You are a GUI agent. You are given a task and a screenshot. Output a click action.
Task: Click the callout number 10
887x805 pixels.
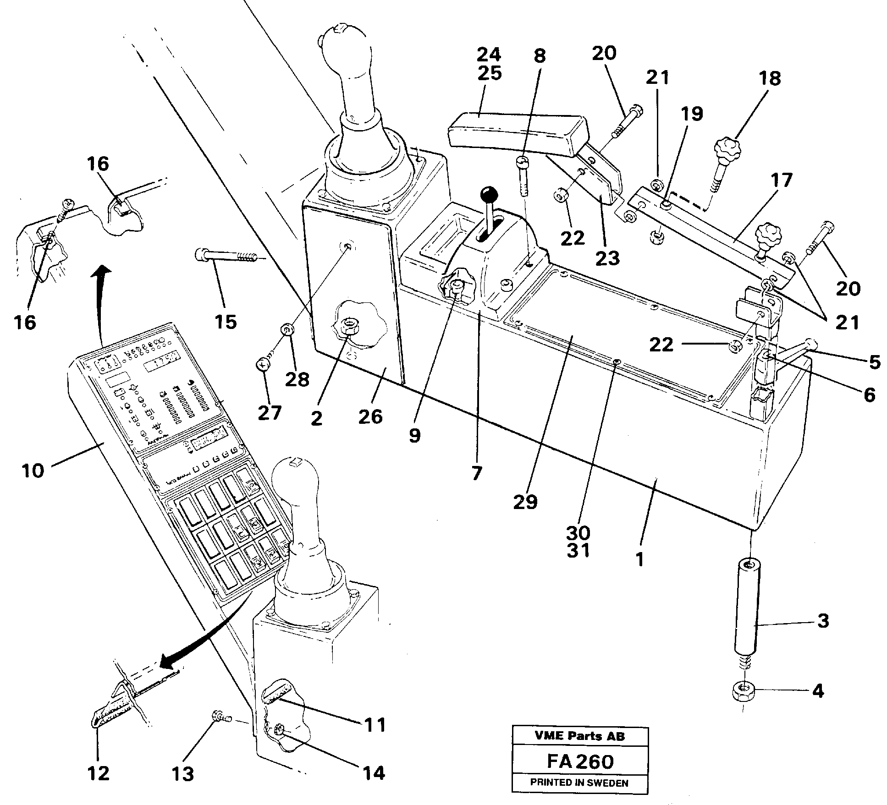coord(33,471)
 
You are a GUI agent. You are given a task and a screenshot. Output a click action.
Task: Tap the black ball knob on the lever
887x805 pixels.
coord(489,194)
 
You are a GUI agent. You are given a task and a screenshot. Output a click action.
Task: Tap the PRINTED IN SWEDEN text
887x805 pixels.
coord(579,783)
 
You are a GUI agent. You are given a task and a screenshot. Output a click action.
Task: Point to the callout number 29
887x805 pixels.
coord(525,502)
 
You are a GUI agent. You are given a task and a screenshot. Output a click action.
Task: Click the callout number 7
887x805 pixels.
coord(477,473)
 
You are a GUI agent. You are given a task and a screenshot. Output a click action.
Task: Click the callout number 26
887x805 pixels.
coord(370,416)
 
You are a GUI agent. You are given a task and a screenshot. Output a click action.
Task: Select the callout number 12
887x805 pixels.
coord(99,773)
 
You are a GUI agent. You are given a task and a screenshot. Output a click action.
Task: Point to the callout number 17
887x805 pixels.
coord(781,181)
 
